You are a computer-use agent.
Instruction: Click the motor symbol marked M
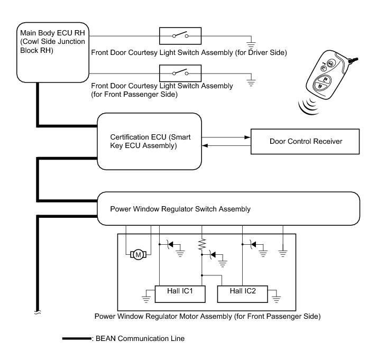click(x=139, y=255)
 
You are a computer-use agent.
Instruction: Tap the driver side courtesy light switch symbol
click(x=180, y=36)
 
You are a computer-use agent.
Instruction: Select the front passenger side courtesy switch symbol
click(x=180, y=72)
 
